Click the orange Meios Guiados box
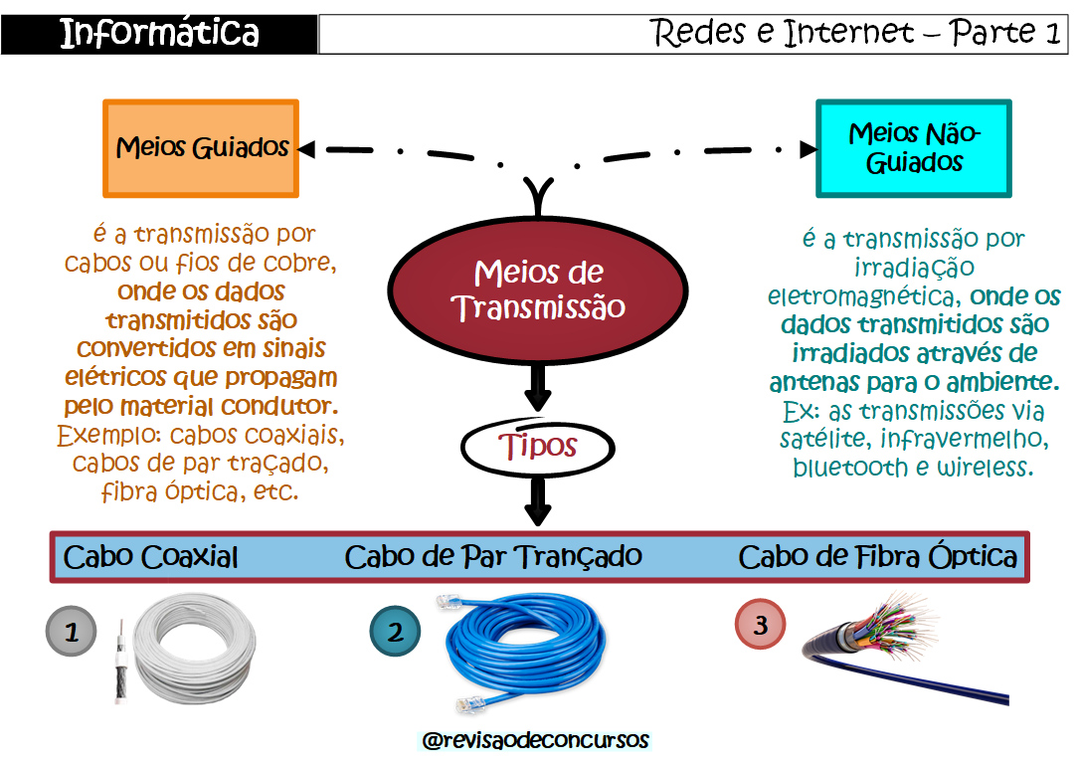(201, 149)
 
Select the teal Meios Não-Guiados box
(913, 148)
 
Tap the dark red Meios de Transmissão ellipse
(538, 288)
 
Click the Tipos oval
(538, 448)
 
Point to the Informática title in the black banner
(159, 34)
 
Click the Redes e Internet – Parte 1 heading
(855, 34)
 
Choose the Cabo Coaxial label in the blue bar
(150, 557)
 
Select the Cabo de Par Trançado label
(493, 556)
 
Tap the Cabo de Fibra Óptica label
(877, 556)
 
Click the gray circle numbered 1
(72, 631)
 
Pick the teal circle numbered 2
(396, 632)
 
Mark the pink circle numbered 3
(760, 626)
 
